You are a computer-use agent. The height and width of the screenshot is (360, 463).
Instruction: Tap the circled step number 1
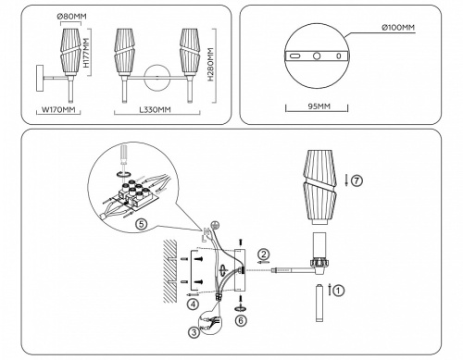point(338,290)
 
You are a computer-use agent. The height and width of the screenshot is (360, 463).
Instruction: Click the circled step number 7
point(358,180)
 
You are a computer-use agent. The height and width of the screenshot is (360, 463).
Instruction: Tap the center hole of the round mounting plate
point(318,56)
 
